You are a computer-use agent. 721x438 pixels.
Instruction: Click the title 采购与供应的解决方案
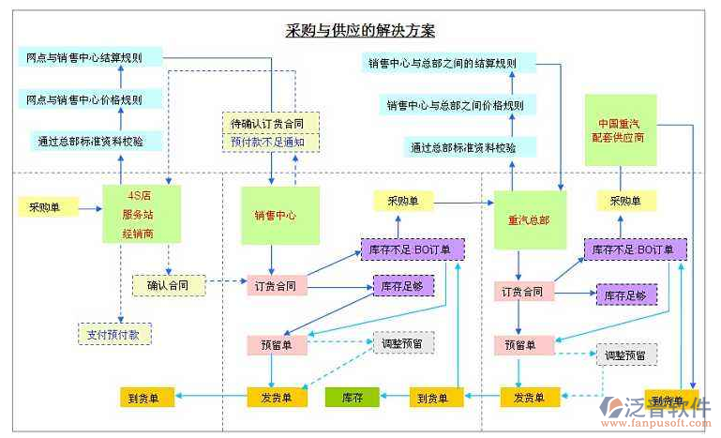point(360,30)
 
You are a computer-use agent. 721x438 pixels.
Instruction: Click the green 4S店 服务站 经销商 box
point(142,214)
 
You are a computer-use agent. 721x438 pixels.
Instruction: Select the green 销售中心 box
point(280,215)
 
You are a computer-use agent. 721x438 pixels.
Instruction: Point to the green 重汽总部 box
point(529,220)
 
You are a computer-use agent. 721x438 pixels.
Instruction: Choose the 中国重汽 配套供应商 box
point(620,129)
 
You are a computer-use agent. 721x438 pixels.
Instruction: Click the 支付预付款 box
point(114,333)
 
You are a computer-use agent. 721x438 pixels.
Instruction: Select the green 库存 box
point(352,397)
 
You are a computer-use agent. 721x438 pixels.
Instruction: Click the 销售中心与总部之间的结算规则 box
point(449,63)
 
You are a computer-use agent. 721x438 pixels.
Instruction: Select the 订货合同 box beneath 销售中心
point(275,285)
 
